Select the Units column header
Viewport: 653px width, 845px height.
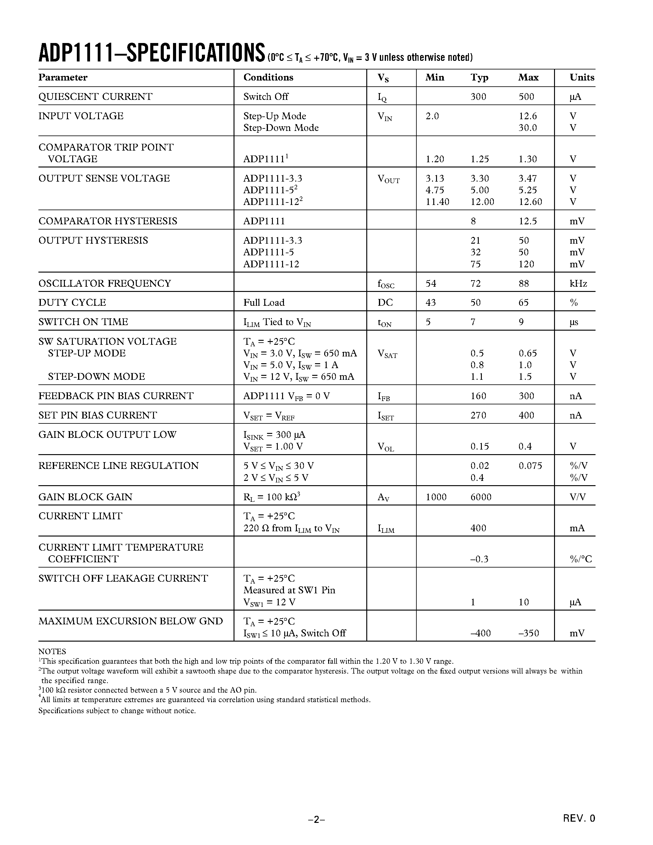(581, 77)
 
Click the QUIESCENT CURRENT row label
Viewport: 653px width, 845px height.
(95, 96)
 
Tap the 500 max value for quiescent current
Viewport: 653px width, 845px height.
(526, 96)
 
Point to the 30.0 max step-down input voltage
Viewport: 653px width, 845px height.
(528, 128)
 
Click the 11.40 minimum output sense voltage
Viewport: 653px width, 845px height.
(437, 202)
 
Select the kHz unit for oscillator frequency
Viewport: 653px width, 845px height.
(578, 283)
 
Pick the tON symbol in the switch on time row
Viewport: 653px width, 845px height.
(384, 323)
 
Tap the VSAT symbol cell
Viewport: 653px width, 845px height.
(387, 354)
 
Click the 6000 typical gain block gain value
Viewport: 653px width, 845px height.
(481, 497)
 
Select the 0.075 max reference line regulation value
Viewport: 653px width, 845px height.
(530, 466)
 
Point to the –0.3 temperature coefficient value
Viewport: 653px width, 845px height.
(479, 559)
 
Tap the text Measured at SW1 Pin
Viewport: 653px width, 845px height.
(289, 590)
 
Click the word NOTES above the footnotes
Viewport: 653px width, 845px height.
(52, 651)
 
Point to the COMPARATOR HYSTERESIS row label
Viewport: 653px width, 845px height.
(108, 221)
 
